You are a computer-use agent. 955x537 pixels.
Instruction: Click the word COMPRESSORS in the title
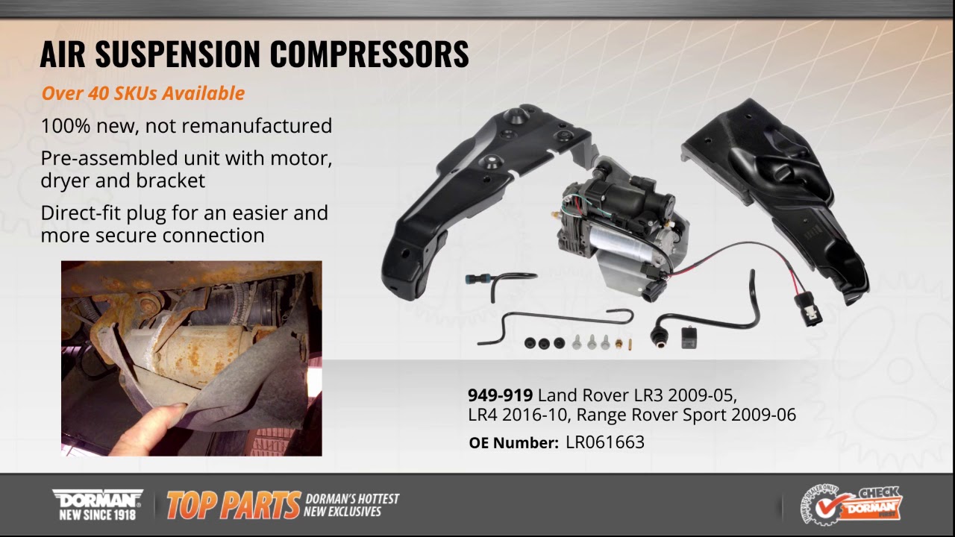369,54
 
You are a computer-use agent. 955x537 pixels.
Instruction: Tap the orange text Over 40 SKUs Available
143,93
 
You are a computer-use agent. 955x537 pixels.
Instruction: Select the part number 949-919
500,395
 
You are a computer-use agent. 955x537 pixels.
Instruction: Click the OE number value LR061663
604,442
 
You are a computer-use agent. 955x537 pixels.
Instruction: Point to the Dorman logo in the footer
97,498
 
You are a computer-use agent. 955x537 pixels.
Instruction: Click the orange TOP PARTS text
233,506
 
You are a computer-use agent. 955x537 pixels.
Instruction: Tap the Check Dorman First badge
851,505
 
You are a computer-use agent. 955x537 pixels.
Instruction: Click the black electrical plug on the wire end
807,307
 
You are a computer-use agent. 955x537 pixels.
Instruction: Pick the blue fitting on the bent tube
473,280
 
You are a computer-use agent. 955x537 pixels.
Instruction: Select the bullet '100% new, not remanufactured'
187,125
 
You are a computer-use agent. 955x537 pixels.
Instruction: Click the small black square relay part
688,337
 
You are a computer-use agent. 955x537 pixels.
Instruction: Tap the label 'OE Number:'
513,442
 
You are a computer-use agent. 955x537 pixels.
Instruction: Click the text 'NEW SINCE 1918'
97,514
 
